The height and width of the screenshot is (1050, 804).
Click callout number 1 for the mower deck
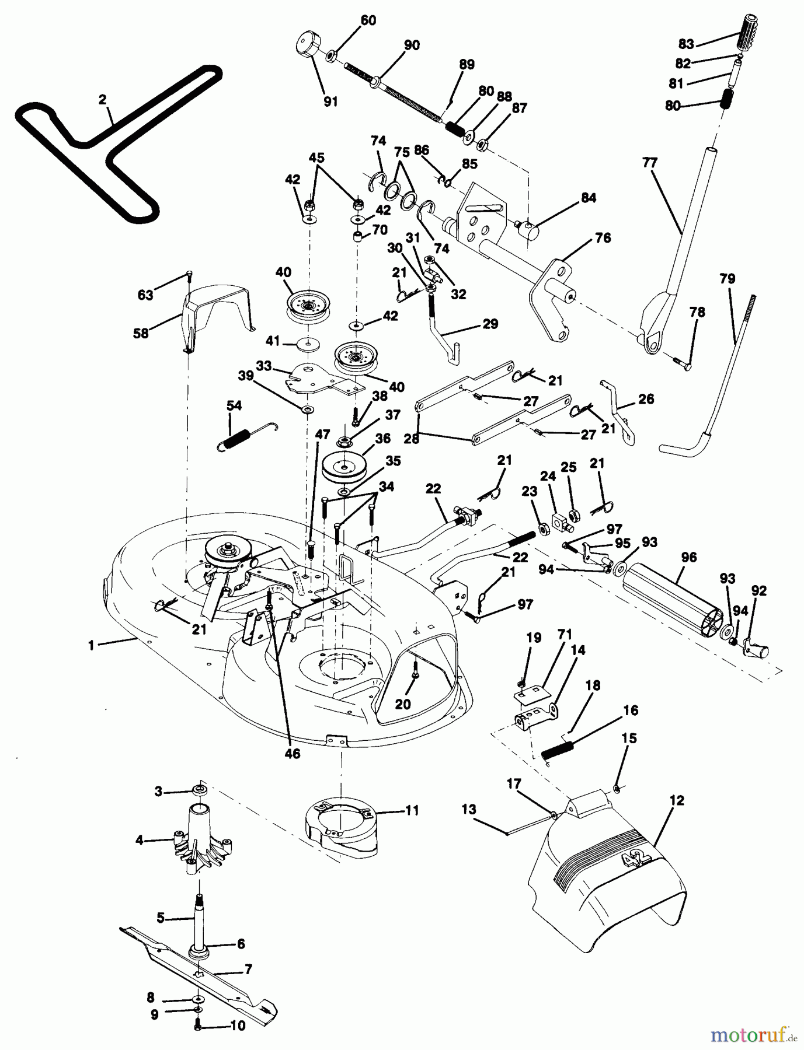(x=91, y=645)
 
